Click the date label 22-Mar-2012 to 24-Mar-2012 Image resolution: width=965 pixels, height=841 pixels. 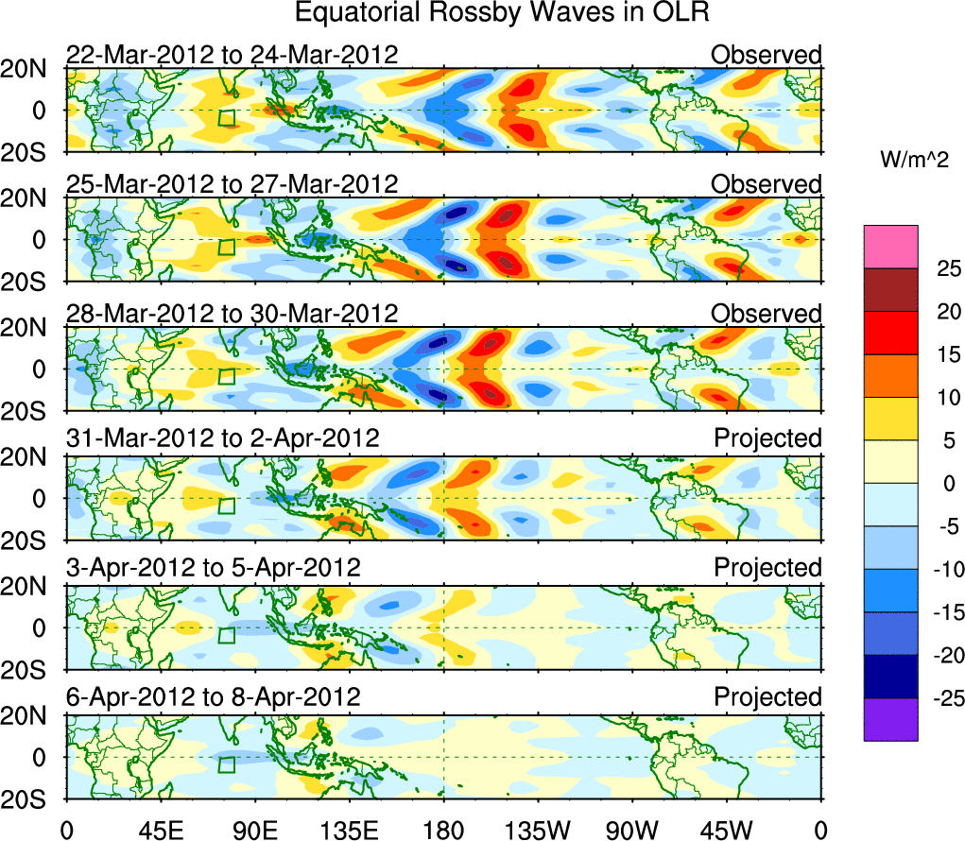tap(232, 55)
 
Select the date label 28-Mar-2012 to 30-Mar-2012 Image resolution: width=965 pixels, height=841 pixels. tap(232, 314)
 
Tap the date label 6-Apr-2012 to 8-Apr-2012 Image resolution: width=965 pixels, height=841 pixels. tap(213, 697)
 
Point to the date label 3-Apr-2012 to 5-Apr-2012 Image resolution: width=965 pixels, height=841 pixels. tap(213, 568)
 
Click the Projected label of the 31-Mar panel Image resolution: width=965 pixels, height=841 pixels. tap(767, 438)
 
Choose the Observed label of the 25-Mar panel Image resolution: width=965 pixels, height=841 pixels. tap(767, 184)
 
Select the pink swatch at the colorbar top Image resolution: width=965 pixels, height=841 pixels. tap(890, 247)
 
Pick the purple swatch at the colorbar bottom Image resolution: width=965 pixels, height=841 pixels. tap(890, 719)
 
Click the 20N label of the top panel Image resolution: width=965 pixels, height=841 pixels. tap(28, 69)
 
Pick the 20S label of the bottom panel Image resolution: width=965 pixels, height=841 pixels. tap(28, 798)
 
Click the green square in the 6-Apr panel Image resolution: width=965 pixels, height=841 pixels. tap(227, 764)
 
